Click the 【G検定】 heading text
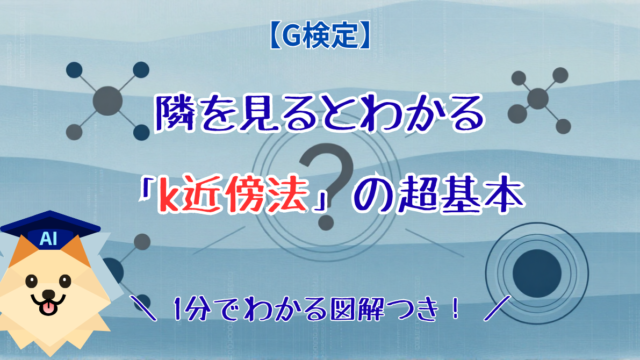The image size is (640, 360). tap(320, 36)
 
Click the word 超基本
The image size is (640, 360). tap(459, 195)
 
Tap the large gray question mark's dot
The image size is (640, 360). tap(326, 222)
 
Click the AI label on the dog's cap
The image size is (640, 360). tap(48, 238)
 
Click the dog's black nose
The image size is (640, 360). tap(49, 294)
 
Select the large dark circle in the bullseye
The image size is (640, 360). tap(537, 273)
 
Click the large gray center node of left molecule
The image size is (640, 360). tap(107, 100)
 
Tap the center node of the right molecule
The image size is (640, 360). tap(538, 98)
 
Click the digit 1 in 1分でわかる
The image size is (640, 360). tap(178, 309)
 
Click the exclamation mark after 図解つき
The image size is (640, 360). tap(454, 309)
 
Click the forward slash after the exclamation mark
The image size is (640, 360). tap(497, 309)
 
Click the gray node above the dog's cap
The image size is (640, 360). tap(142, 242)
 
